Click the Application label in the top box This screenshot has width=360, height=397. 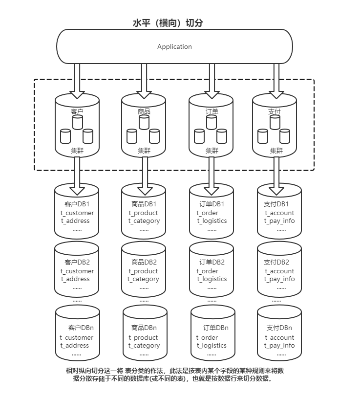click(174, 46)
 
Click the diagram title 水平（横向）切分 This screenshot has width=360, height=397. click(168, 23)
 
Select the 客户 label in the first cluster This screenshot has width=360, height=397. click(77, 111)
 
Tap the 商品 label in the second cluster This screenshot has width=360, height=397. click(144, 111)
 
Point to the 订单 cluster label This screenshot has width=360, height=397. click(212, 111)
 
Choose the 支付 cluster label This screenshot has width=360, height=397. click(275, 111)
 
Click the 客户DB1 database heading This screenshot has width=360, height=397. click(77, 204)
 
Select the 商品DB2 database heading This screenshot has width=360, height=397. click(144, 262)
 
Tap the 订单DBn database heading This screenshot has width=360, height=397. click(215, 328)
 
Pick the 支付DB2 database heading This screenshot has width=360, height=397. click(276, 262)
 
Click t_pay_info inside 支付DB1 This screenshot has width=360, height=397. click(279, 221)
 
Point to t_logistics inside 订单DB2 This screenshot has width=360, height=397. click(212, 279)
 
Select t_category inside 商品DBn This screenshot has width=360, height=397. click(144, 346)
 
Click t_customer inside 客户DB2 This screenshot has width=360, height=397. click(77, 271)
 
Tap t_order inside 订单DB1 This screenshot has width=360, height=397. click(207, 213)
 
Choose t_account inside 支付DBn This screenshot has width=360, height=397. click(279, 338)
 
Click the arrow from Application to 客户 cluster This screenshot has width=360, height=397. click(77, 81)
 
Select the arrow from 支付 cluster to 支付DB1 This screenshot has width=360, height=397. click(276, 176)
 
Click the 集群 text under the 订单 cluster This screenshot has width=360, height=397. click(212, 151)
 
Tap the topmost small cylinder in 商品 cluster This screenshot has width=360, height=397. click(144, 122)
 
